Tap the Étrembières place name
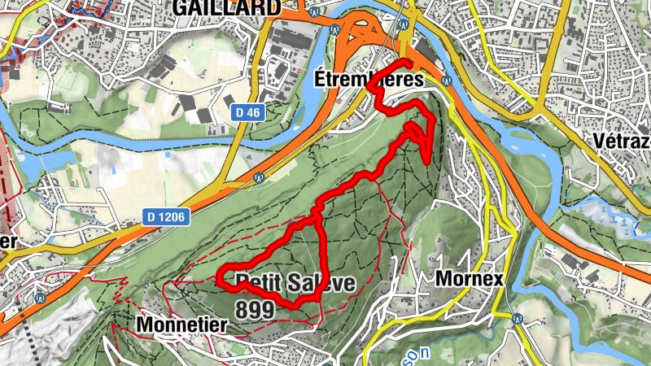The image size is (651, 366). [369, 81]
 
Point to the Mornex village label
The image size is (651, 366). [470, 279]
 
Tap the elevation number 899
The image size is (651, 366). [255, 309]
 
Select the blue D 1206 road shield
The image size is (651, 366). [167, 216]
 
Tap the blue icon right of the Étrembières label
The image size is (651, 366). [445, 81]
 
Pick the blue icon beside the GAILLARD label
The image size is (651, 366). [312, 11]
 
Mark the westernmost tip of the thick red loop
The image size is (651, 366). [217, 279]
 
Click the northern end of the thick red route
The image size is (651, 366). [406, 62]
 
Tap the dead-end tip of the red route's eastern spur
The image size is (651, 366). [429, 162]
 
